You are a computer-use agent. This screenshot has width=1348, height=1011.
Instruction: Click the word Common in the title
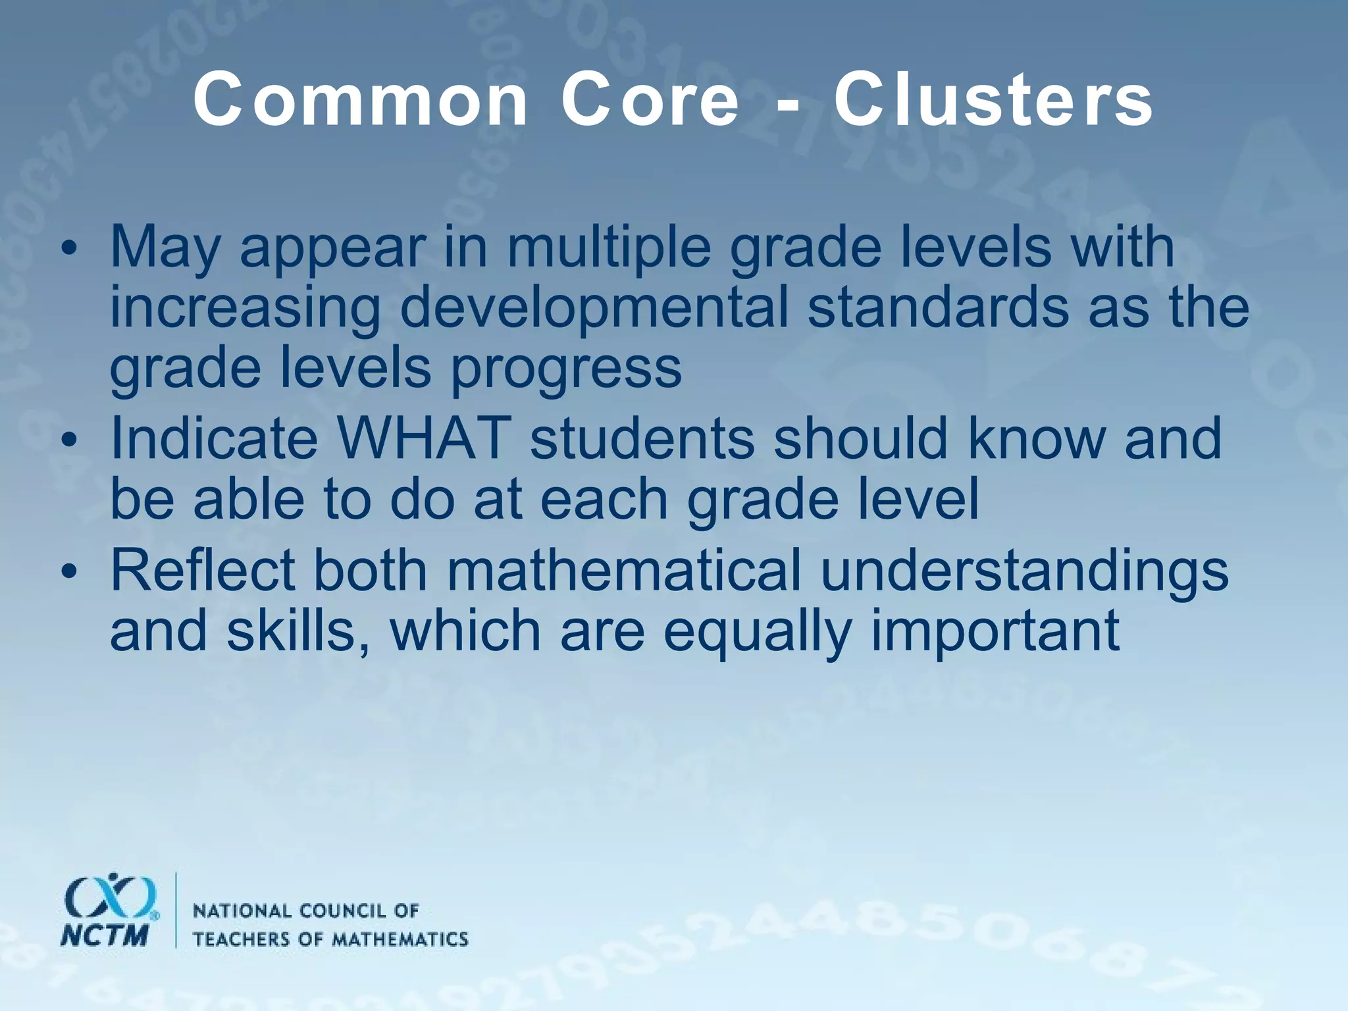pos(361,100)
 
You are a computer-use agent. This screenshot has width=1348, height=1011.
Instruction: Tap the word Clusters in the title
pos(993,100)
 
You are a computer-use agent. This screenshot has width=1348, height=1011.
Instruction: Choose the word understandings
pos(1024,569)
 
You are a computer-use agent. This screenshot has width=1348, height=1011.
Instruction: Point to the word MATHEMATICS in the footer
pos(399,939)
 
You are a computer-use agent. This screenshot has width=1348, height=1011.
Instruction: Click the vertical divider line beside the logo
pos(176,910)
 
